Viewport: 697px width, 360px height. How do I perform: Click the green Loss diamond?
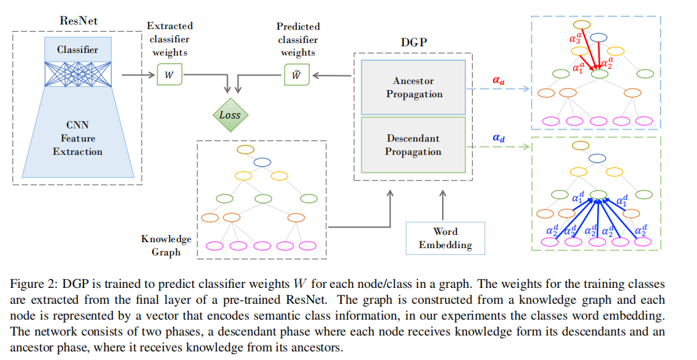point(230,114)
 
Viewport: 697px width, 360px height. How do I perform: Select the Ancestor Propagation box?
point(413,87)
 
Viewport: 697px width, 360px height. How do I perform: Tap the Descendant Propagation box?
point(413,145)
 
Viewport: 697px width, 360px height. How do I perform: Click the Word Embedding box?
point(445,238)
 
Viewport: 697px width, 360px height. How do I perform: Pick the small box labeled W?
point(169,75)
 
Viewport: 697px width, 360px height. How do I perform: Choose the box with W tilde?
point(296,75)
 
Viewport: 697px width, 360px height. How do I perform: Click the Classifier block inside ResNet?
point(77,50)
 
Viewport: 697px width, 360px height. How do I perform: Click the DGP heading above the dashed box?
point(414,41)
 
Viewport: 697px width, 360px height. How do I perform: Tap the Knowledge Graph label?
point(166,245)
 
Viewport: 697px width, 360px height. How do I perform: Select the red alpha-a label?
point(498,81)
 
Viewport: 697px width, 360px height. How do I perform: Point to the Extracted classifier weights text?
point(169,39)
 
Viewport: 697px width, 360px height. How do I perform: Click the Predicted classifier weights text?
point(298,39)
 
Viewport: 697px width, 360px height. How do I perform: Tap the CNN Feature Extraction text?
point(78,138)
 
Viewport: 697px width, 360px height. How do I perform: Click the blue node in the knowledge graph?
point(262,161)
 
